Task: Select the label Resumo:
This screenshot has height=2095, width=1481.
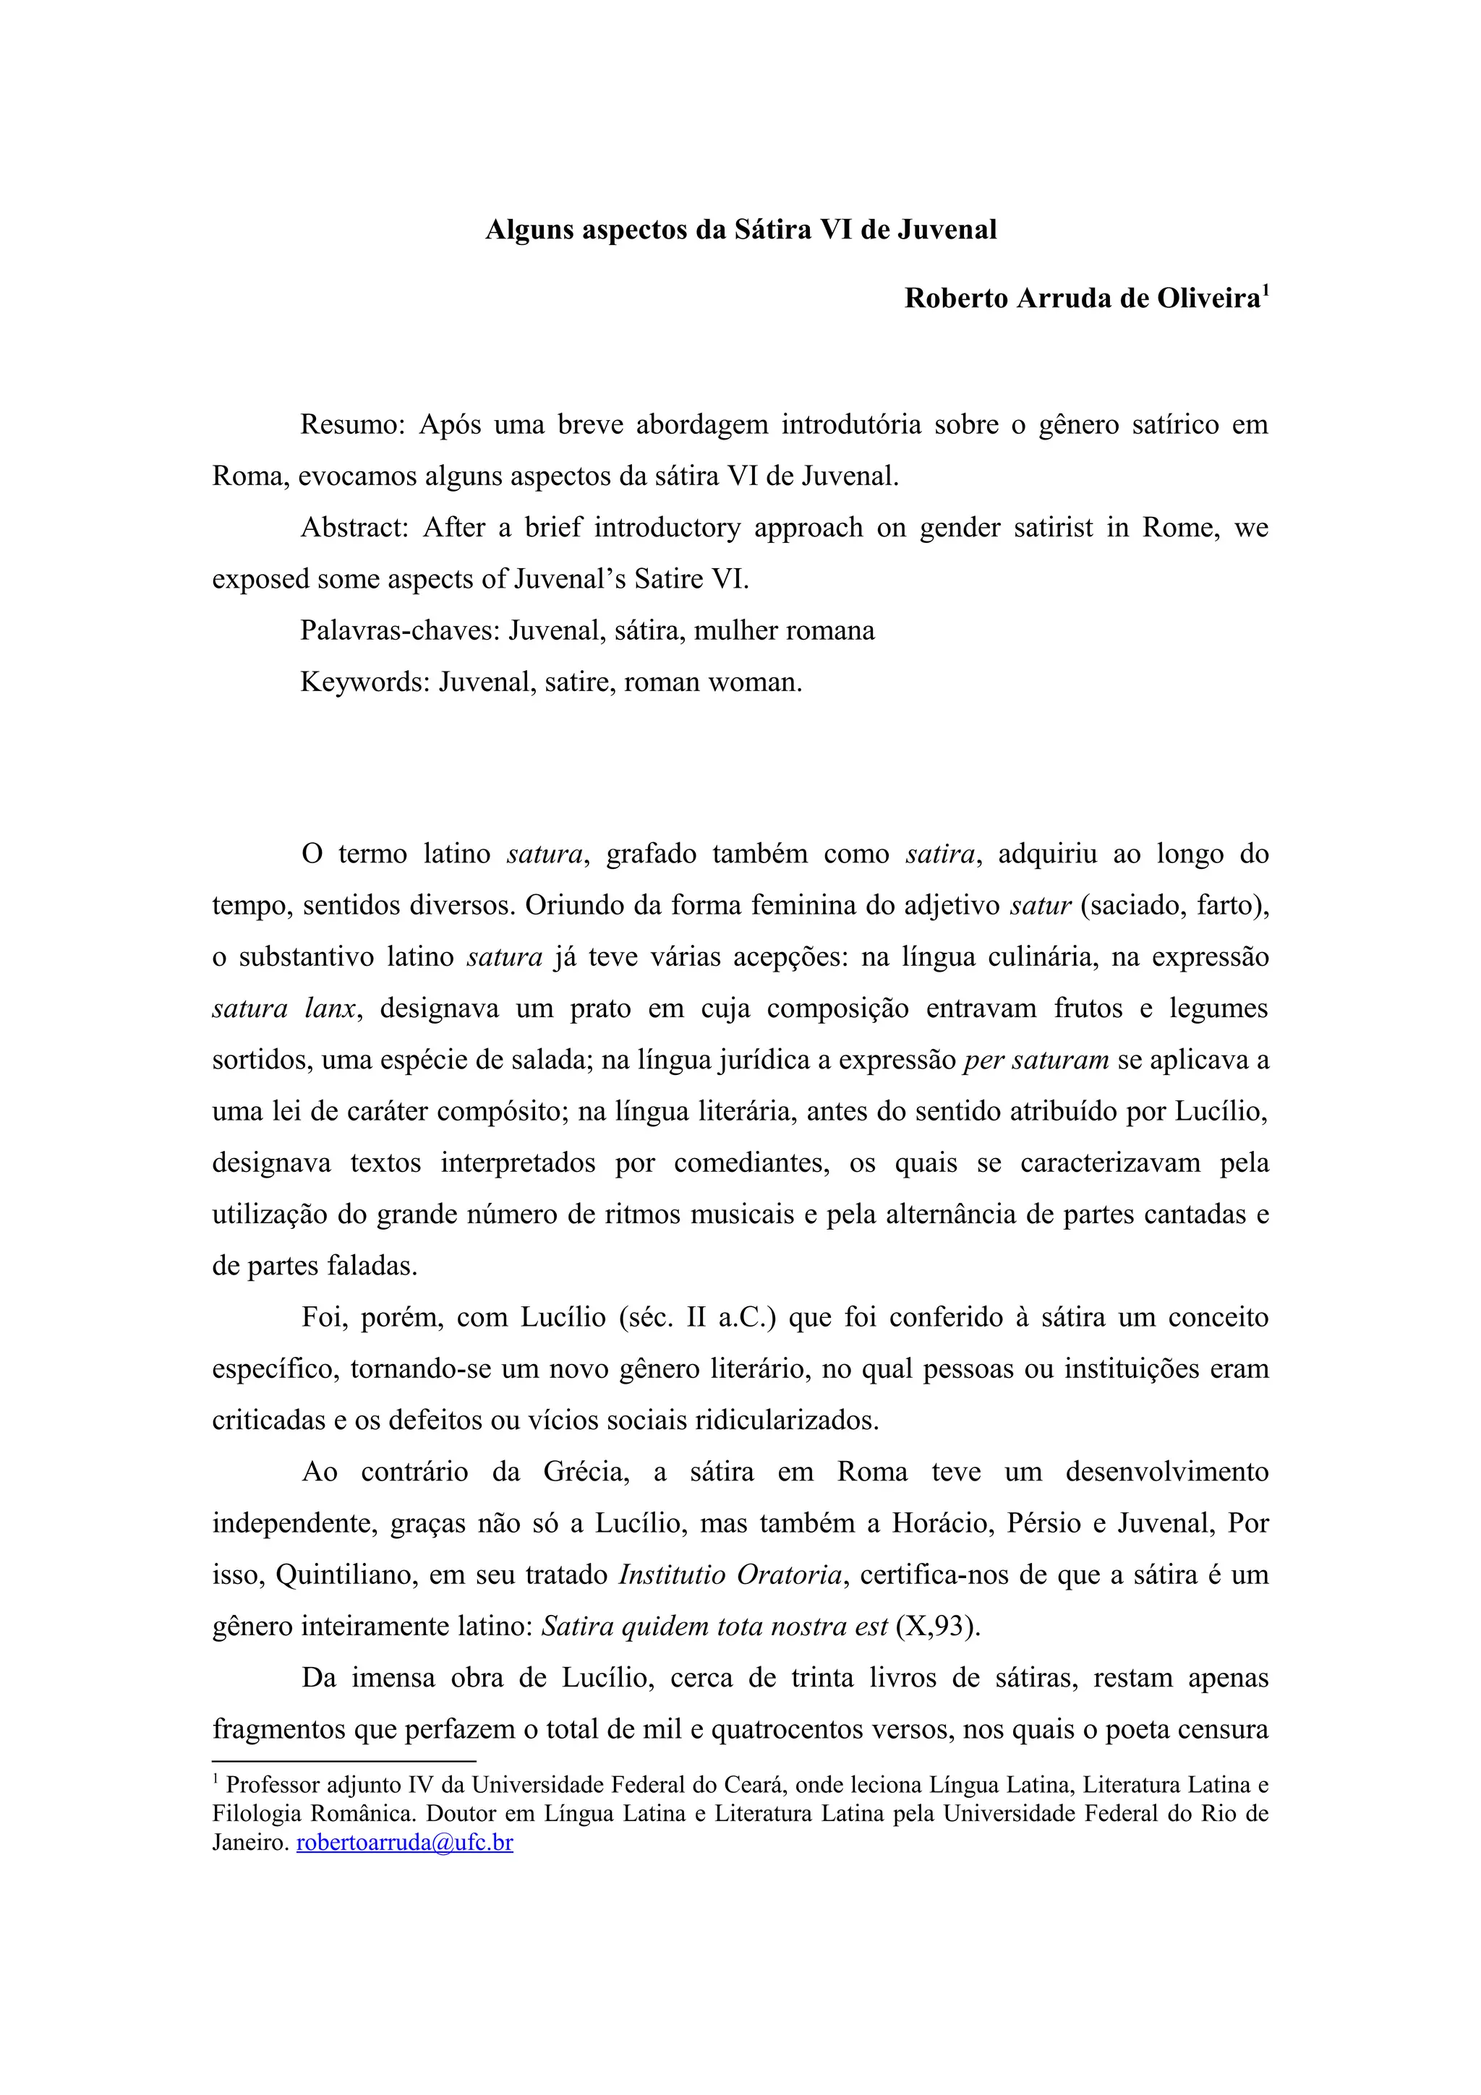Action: [352, 425]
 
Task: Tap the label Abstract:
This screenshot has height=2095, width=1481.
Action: [354, 528]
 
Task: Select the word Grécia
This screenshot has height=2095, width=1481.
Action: [586, 1472]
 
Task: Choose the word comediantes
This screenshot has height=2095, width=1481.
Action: [751, 1163]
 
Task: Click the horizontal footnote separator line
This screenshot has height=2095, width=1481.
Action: [344, 1761]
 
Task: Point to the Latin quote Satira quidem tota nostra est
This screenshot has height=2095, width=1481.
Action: [714, 1627]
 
